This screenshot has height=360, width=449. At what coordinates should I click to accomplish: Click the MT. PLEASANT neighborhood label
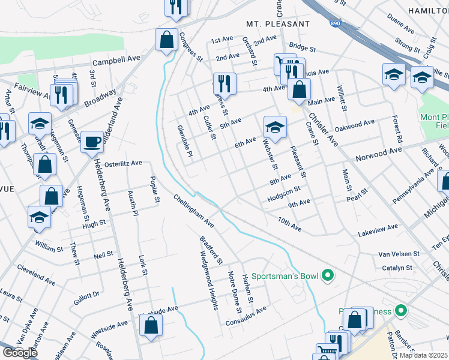pos(278,24)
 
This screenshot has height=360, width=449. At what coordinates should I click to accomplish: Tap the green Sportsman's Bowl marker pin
pos(327,276)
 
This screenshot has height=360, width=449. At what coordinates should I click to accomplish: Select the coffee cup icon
pos(92,142)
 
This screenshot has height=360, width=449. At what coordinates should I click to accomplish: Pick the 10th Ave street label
pos(289,224)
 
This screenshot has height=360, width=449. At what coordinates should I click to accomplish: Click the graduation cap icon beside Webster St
pos(275,127)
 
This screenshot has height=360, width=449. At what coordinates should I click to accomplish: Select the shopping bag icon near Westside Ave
pos(151,326)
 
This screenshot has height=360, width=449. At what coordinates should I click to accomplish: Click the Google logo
pos(19,353)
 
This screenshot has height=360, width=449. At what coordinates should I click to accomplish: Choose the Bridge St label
pos(302,46)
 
